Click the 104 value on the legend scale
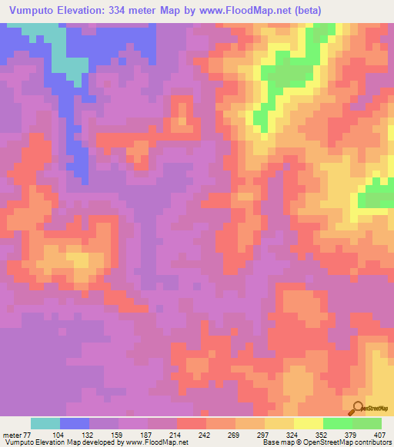[59, 434]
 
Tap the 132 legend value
[88, 434]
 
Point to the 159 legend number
[118, 434]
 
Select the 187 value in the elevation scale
[147, 434]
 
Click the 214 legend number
[176, 434]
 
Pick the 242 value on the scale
[205, 434]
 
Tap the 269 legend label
[235, 434]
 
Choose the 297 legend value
[264, 434]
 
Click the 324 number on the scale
[293, 434]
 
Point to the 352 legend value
[322, 434]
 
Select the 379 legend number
[352, 434]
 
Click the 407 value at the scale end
[380, 434]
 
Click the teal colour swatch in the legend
[45, 423]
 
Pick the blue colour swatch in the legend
[75, 423]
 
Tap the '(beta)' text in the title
[304, 11]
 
